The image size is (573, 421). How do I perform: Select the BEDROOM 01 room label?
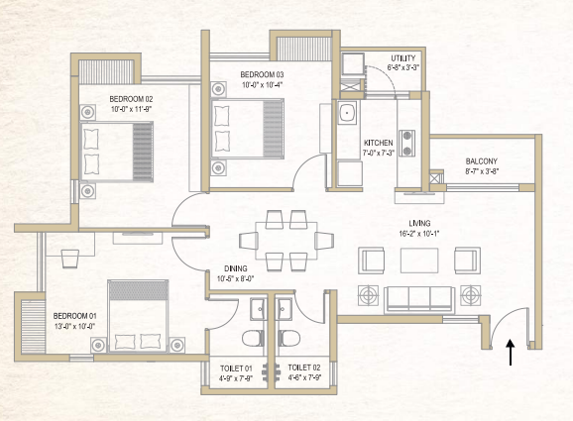click(x=75, y=316)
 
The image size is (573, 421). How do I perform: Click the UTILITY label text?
click(x=403, y=59)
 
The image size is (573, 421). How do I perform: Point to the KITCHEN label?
click(x=379, y=143)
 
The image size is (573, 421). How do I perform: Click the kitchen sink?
click(x=348, y=114)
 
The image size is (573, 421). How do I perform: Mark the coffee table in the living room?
click(x=419, y=261)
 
